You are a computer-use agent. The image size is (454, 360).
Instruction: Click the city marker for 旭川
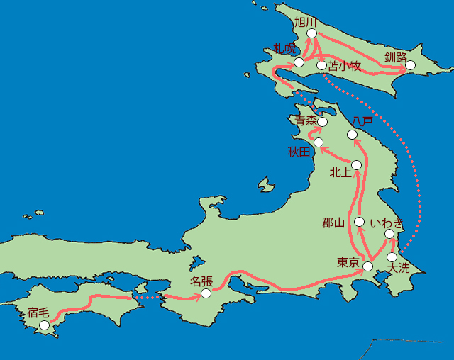pos(311,33)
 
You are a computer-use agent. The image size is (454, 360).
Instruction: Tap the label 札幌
pos(285,49)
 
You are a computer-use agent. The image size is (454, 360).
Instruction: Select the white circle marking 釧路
pos(409,66)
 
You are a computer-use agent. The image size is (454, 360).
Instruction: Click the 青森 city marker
pos(323,122)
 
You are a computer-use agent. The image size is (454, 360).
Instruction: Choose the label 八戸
pos(362,122)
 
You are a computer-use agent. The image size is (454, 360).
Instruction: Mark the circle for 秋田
pos(319,143)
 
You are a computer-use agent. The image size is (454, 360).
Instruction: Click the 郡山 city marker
pos(359,222)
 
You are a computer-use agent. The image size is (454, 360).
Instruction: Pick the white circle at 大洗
pos(392,257)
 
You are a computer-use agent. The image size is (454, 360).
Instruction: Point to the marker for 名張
pos(206,293)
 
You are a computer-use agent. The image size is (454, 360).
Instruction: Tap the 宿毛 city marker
pos(45,325)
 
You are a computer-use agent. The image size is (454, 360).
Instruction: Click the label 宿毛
pos(38,313)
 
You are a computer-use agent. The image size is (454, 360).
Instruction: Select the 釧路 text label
pos(396,56)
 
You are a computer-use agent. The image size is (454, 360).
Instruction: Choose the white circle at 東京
pos(367,266)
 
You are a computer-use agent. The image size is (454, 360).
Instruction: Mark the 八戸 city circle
pos(353,135)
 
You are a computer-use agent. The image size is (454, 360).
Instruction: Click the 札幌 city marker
pos(299,62)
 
